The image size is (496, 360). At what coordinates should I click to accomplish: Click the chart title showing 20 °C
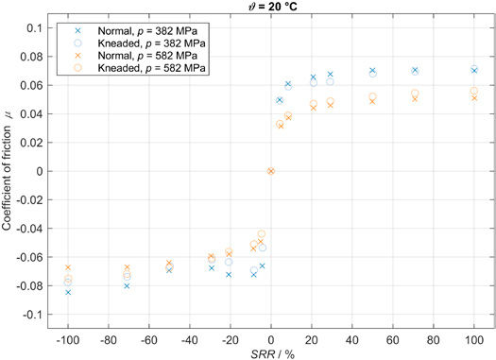point(270,7)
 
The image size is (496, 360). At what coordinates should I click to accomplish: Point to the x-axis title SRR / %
point(270,351)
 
